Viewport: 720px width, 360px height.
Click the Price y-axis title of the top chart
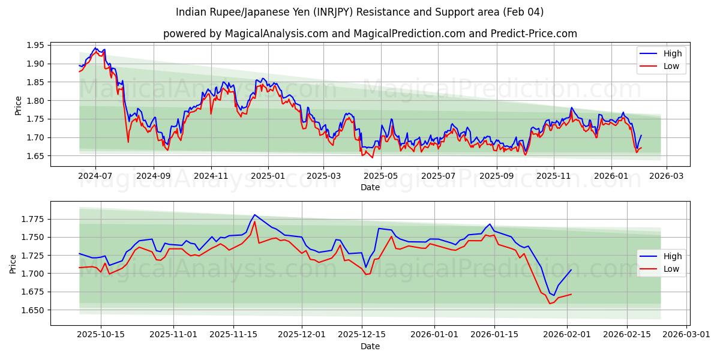tap(18, 106)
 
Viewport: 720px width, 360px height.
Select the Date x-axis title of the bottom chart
tap(370, 346)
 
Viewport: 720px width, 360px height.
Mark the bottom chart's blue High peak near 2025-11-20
tap(254, 215)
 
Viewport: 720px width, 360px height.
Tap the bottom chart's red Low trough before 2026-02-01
tap(550, 304)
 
